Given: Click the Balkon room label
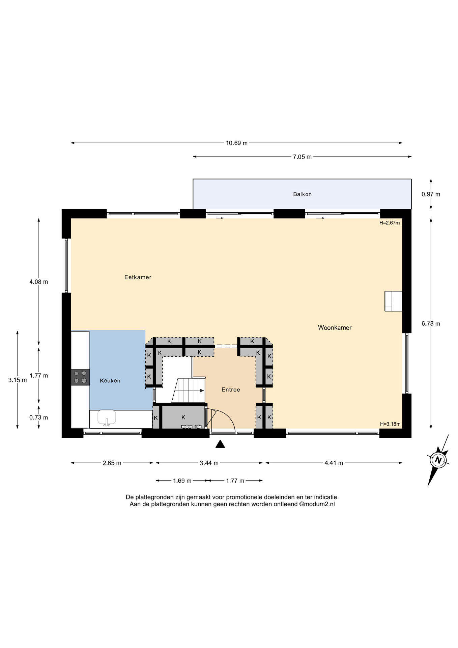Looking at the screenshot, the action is tap(302, 194).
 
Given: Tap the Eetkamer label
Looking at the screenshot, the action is tap(138, 277).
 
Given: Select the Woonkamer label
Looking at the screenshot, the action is tap(335, 327).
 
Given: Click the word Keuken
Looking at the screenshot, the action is tap(110, 380).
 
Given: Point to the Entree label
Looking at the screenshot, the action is tap(231, 389).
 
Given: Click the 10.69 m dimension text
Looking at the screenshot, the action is tap(236, 143).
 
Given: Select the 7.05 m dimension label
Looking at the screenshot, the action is tap(302, 157).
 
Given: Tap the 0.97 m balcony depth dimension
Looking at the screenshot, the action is tap(431, 194).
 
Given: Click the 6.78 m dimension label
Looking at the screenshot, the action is tap(431, 323).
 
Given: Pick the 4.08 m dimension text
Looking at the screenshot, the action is tap(39, 282).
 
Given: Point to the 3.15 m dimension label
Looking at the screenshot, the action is tap(18, 380).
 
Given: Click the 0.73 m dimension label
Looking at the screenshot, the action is tap(39, 417).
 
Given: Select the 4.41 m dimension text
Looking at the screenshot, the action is tap(334, 463).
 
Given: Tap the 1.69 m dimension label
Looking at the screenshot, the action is tap(182, 481).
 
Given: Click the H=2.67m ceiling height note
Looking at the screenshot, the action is tap(390, 223).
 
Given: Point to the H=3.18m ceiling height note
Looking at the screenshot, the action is tap(390, 424).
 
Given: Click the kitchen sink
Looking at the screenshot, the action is tap(107, 418).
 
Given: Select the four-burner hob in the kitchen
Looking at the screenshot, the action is tap(80, 377).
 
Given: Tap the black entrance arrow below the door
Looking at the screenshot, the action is tap(220, 444).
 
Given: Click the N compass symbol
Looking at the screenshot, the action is tap(438, 460).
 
